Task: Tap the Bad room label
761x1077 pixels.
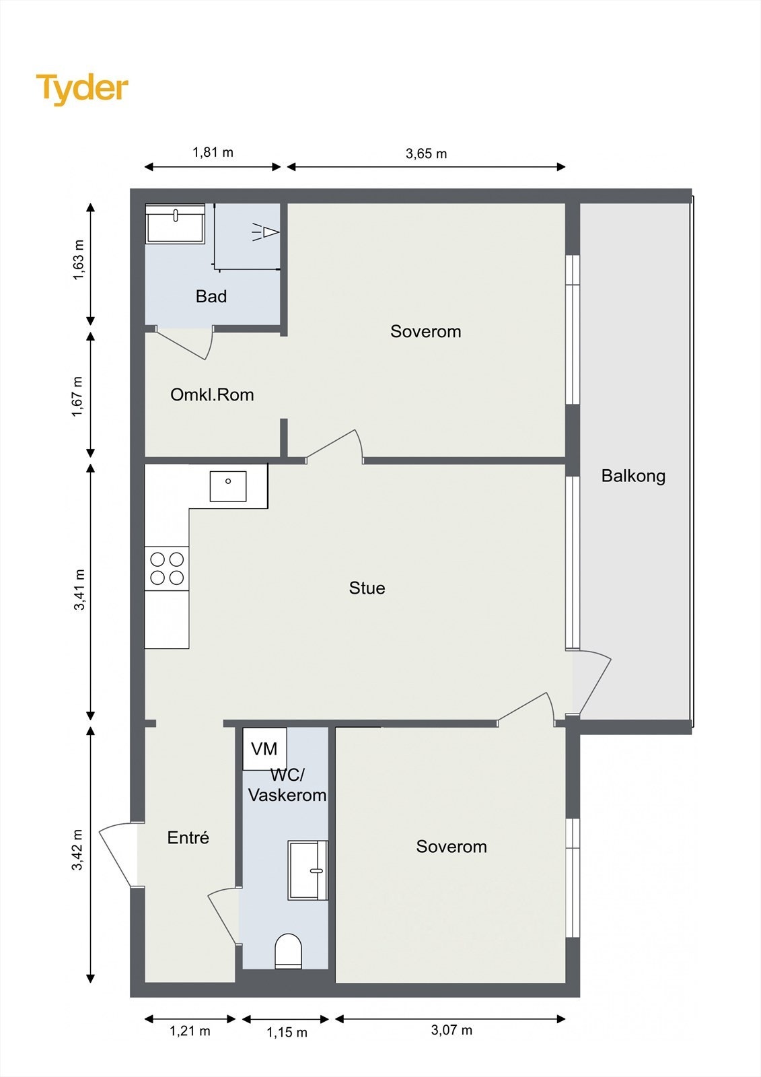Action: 211,297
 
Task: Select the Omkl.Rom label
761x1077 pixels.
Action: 212,394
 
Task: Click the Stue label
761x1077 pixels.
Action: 367,588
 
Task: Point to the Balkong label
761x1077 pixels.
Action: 633,477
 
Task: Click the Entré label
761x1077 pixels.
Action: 188,837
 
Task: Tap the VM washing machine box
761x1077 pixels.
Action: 264,749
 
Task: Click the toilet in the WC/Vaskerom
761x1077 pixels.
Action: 288,950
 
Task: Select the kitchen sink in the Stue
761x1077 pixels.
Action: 228,486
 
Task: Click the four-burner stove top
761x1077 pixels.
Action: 167,568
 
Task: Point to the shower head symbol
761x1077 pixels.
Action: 266,232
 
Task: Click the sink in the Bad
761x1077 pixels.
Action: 175,223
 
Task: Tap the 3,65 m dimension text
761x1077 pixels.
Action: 426,154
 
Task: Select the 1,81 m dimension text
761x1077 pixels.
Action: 213,152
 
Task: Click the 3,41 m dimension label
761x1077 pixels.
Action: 79,590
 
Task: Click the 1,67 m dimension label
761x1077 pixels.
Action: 77,396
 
